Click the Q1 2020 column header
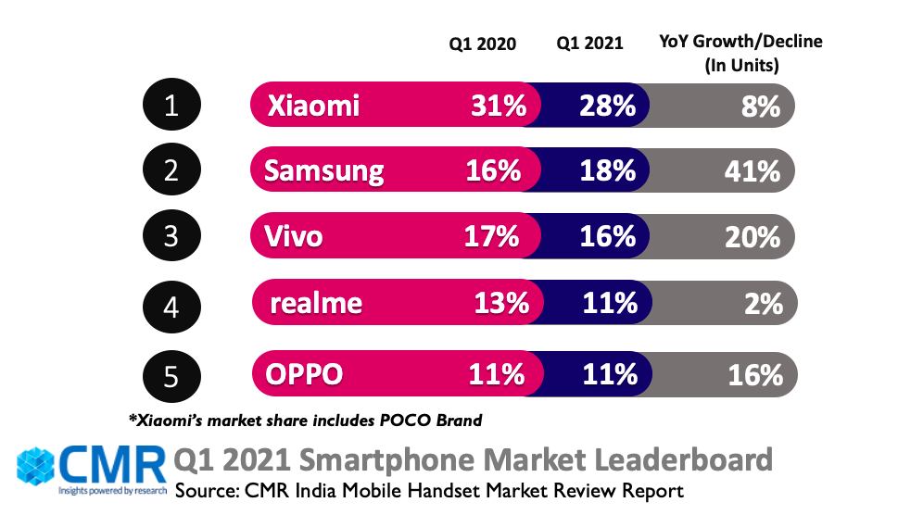click(x=482, y=43)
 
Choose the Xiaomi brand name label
click(x=313, y=106)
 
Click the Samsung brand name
click(x=323, y=171)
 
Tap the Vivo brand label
click(x=294, y=237)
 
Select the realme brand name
click(x=316, y=303)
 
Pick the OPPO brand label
click(x=305, y=374)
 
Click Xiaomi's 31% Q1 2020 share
click(x=499, y=106)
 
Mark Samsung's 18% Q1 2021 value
click(x=608, y=171)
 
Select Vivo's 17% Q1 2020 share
click(x=491, y=237)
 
